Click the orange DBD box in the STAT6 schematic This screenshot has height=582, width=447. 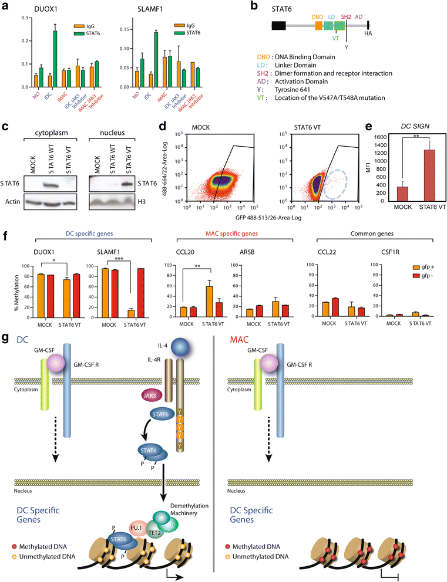pos(319,26)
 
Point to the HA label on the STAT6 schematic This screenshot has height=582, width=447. pos(368,34)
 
